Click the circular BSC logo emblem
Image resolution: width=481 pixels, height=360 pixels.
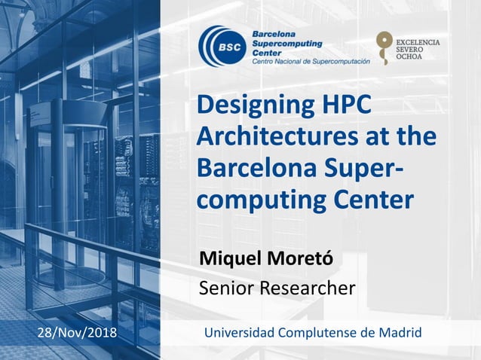pos(221,46)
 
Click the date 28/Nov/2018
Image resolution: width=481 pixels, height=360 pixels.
pos(77,333)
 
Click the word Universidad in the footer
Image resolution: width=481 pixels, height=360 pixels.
pos(240,333)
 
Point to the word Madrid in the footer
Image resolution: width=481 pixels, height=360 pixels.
pos(400,333)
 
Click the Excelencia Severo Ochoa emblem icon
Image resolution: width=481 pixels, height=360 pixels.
pos(384,47)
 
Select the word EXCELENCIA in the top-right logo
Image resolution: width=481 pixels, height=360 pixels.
pos(418,41)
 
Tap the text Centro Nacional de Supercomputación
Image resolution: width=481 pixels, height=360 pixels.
pos(311,62)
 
